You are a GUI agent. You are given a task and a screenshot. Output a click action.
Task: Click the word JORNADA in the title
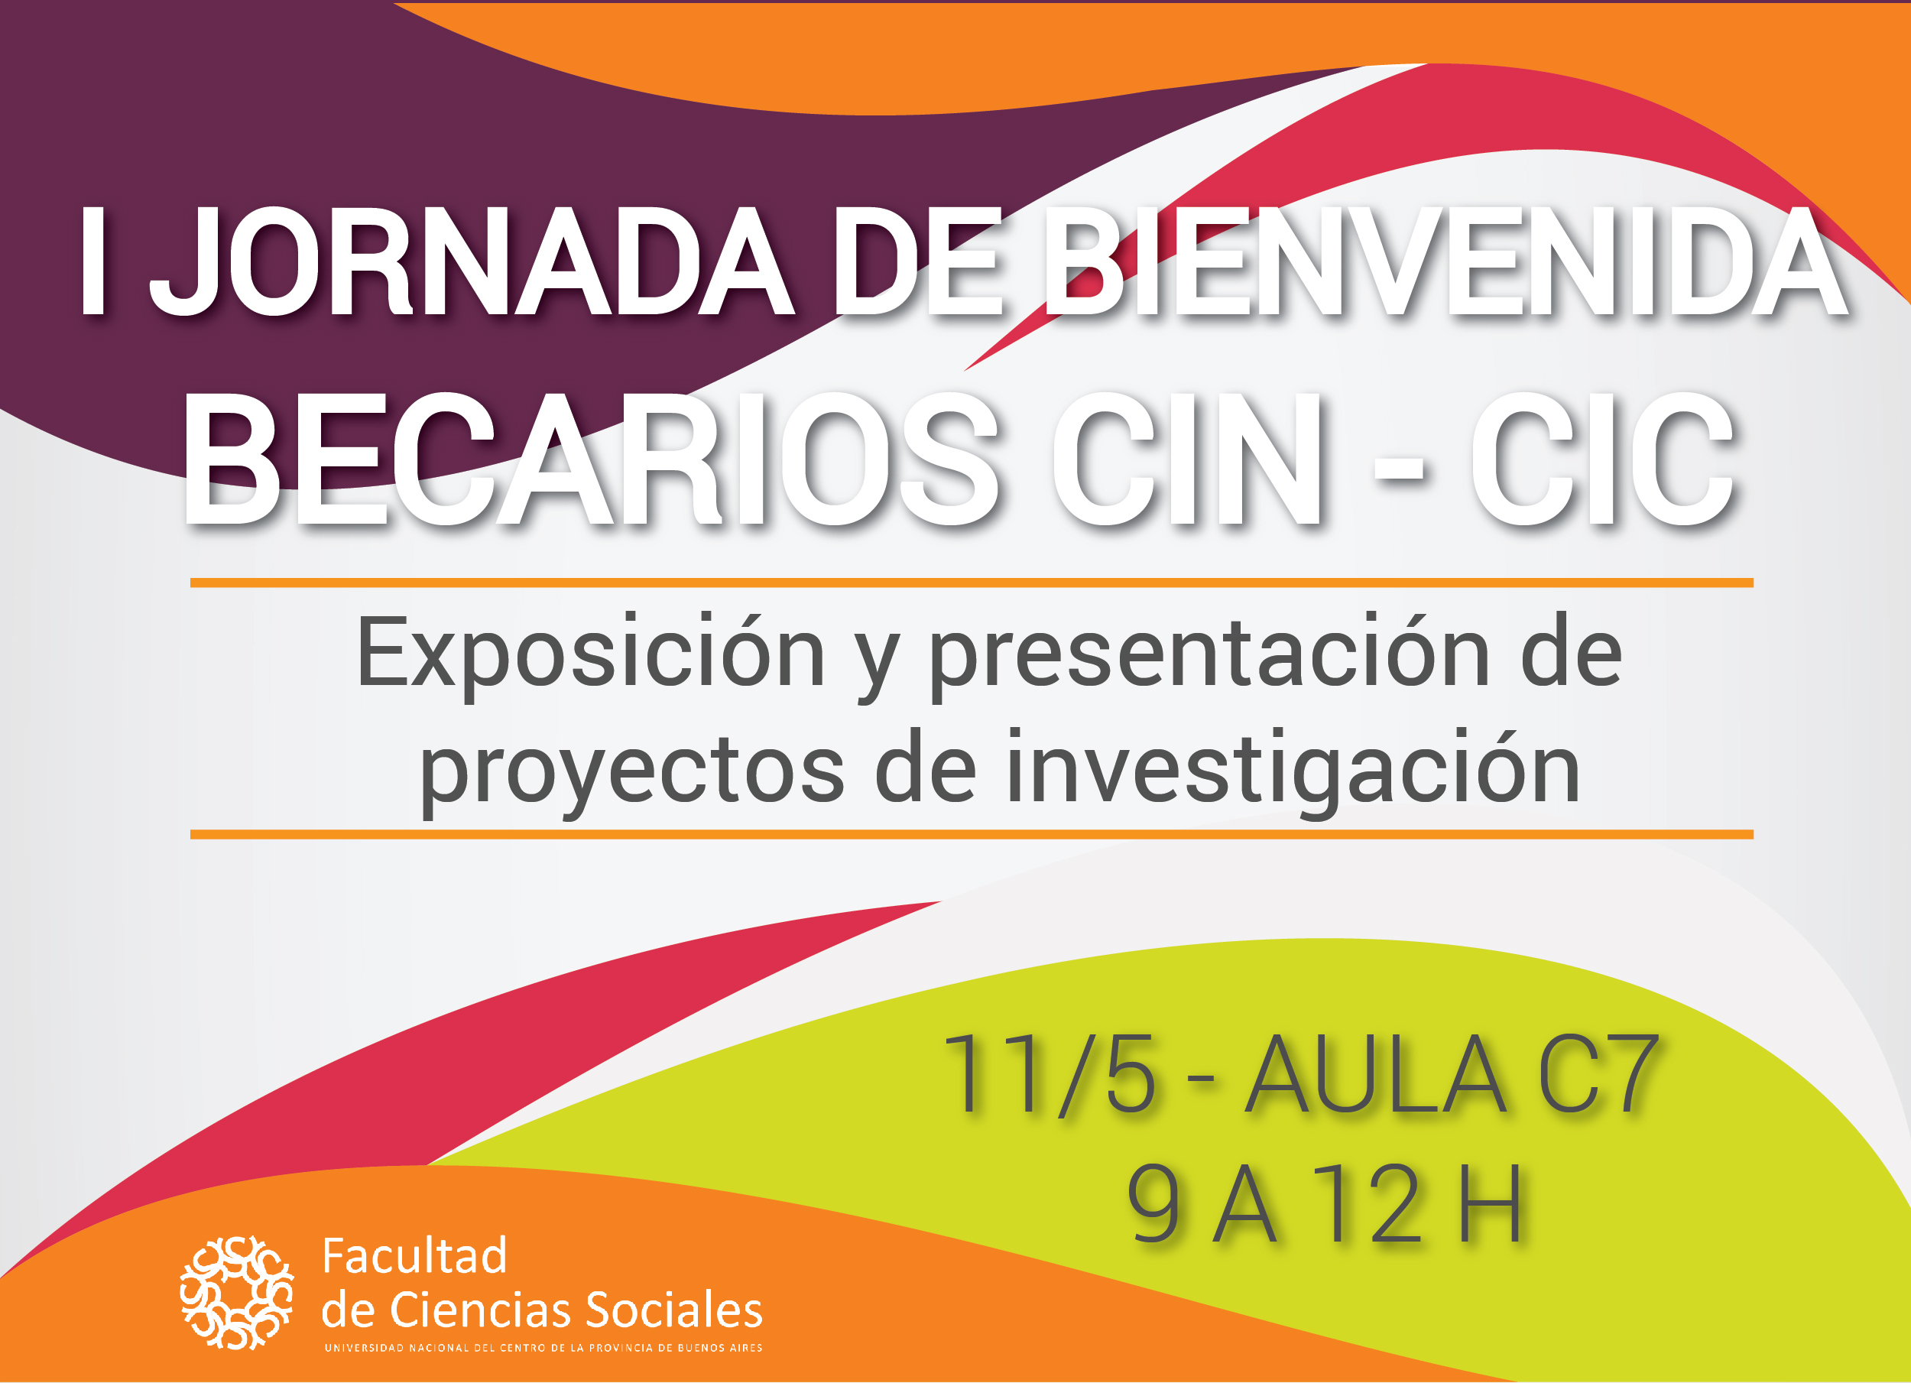coord(472,262)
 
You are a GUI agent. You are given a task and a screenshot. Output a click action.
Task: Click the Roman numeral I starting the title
coord(92,262)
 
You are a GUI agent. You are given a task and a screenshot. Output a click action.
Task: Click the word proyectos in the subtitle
coord(632,771)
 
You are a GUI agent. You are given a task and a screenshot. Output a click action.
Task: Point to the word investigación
coord(1293,771)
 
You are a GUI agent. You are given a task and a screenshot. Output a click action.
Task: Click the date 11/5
coord(1049,1075)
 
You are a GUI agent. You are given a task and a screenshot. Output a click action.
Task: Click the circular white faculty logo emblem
coord(237,1293)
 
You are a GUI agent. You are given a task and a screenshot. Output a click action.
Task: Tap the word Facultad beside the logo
coord(414,1258)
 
